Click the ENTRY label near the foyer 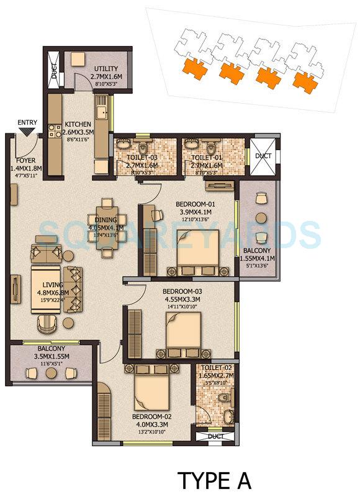click(27, 122)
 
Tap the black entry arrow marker click(26, 132)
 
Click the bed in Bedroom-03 click(182, 333)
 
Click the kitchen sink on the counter click(101, 113)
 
